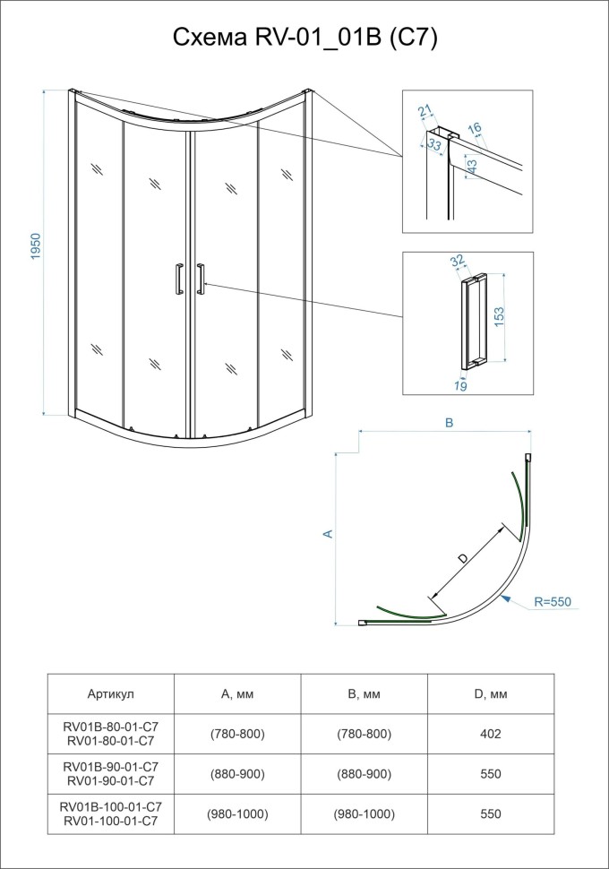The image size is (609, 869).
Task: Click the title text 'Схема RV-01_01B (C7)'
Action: coord(304,39)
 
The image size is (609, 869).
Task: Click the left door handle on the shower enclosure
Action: coord(180,279)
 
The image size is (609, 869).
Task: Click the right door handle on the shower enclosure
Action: coord(201,279)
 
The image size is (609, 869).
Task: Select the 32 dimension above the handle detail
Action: coord(458,262)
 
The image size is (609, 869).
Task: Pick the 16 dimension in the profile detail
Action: coord(476,130)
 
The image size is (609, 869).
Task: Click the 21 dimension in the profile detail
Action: coord(425,111)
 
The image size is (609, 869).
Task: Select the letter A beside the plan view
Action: coord(328,534)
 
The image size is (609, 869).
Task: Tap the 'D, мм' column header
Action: coord(489,693)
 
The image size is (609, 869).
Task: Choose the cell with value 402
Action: coord(489,734)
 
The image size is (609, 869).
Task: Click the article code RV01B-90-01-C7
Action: coord(111,767)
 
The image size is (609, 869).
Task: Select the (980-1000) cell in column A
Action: coord(237,813)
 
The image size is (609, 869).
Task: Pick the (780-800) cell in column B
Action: coord(364,734)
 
